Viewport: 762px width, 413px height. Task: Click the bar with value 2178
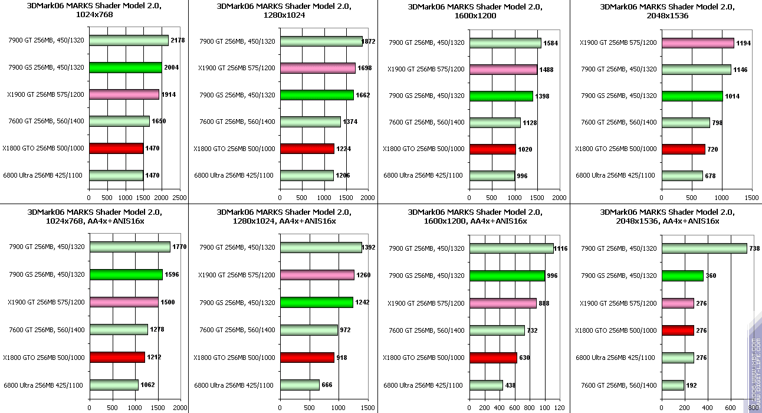coord(129,41)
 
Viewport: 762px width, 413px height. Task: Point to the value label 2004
coord(171,68)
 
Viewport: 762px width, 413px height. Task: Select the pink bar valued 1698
coord(317,68)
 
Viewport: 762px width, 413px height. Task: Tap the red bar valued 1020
coord(492,149)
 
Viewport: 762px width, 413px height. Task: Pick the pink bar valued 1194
coord(698,43)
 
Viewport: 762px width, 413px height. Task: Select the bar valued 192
coord(672,385)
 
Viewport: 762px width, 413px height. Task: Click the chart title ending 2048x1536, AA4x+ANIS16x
coord(666,217)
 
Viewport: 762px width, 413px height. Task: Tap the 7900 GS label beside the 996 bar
coord(426,276)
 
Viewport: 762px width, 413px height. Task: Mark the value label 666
coord(327,385)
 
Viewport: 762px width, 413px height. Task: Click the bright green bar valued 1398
coord(501,96)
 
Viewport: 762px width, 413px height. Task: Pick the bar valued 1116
coord(511,248)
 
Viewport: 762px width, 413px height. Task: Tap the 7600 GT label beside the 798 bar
coord(619,123)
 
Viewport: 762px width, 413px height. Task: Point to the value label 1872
coord(370,41)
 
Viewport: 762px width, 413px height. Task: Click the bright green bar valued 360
coord(682,276)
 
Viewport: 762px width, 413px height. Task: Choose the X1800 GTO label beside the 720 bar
coord(615,149)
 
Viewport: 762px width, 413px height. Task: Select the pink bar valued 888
coord(502,303)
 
